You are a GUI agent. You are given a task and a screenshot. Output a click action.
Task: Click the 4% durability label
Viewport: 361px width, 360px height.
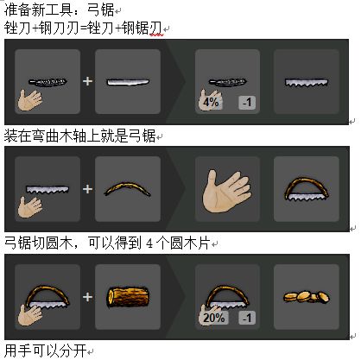[211, 102]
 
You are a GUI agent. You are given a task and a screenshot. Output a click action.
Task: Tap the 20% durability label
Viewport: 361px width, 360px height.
[214, 318]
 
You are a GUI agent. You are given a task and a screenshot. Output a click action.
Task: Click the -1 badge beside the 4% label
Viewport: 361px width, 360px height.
[247, 103]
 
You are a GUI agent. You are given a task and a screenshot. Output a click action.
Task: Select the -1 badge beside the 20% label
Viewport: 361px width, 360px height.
[247, 318]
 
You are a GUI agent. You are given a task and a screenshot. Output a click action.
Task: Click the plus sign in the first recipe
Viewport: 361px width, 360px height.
[87, 81]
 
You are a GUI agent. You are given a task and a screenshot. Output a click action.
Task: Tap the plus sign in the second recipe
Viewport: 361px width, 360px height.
[87, 189]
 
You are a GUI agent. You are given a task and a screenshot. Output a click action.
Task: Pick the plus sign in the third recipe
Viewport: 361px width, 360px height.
[87, 297]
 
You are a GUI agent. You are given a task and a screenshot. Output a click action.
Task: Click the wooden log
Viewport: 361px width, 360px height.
[128, 297]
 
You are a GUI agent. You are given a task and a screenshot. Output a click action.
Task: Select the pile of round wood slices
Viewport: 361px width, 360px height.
[307, 296]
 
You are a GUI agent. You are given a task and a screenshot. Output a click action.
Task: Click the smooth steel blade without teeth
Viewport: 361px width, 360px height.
[128, 82]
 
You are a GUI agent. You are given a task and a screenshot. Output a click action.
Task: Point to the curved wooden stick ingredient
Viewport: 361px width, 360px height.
[127, 188]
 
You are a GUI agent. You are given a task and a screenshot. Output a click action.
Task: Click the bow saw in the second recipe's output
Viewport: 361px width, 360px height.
[307, 188]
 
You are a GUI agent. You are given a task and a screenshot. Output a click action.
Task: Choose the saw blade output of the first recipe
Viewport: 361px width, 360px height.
[307, 83]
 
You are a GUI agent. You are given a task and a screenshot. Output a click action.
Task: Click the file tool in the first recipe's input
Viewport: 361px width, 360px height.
[47, 82]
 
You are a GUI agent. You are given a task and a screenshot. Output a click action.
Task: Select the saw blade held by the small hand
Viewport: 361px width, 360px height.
[47, 190]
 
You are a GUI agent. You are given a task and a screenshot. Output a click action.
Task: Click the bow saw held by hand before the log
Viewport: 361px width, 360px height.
[47, 296]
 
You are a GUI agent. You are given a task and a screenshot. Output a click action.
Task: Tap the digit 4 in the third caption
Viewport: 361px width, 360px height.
[149, 243]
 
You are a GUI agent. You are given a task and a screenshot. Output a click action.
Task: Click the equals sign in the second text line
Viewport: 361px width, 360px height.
[83, 28]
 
